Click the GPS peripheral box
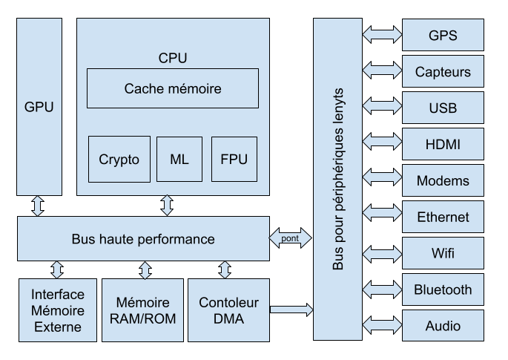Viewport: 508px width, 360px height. pyautogui.click(x=443, y=35)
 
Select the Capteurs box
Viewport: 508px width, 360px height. pyautogui.click(x=443, y=72)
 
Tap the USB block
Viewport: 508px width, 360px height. pyautogui.click(x=443, y=108)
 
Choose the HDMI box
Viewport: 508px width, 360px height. pyautogui.click(x=443, y=144)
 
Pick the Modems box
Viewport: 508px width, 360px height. pyautogui.click(x=443, y=180)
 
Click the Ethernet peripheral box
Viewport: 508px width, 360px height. pyautogui.click(x=443, y=217)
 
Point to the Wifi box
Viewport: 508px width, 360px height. pyautogui.click(x=443, y=253)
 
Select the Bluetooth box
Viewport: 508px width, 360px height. pyautogui.click(x=443, y=289)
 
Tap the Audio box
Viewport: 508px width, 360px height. pyautogui.click(x=443, y=326)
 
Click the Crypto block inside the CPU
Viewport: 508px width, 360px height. pyautogui.click(x=119, y=159)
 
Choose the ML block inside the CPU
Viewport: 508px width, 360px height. pyautogui.click(x=179, y=159)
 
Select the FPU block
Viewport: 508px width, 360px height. pyautogui.click(x=234, y=159)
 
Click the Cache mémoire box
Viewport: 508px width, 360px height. pyautogui.click(x=173, y=88)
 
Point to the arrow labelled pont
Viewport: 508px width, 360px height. pyautogui.click(x=291, y=238)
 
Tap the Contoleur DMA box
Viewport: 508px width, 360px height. pyautogui.click(x=228, y=310)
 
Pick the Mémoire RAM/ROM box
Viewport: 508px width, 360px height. pyautogui.click(x=142, y=310)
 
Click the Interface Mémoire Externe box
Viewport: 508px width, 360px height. pyautogui.click(x=58, y=310)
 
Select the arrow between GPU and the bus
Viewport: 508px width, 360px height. pyautogui.click(x=38, y=206)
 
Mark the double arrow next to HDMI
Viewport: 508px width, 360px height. pyautogui.click(x=381, y=144)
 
